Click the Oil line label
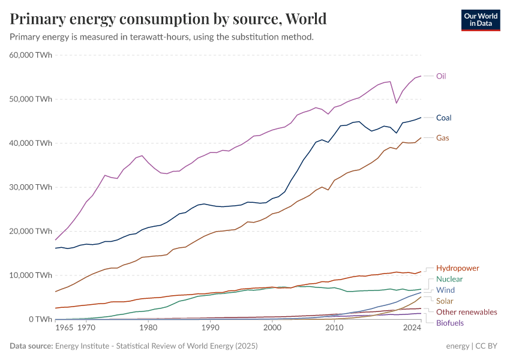point(440,76)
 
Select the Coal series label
point(443,118)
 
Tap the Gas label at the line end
point(442,138)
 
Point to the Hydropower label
point(457,268)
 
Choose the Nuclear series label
point(449,279)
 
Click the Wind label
point(445,290)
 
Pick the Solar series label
point(445,301)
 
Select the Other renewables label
point(466,312)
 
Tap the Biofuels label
point(450,323)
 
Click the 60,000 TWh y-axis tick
point(31,55)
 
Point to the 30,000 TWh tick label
point(31,187)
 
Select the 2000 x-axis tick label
point(272,328)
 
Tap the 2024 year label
point(412,328)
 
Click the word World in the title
point(306,19)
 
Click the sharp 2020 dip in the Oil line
point(396,103)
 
